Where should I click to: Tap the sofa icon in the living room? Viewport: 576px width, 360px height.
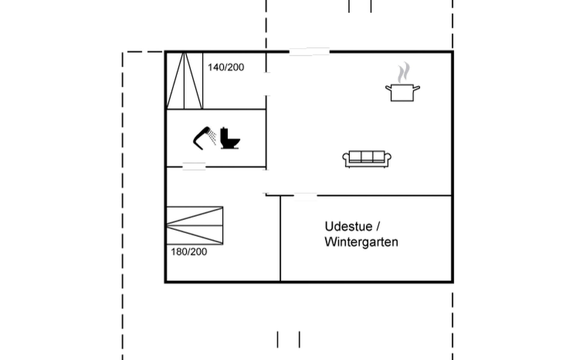[x=367, y=159]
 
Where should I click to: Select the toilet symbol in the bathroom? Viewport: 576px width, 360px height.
[x=229, y=139]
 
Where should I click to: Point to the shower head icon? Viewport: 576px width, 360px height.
[x=204, y=138]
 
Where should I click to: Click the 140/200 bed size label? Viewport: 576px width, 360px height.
[x=226, y=67]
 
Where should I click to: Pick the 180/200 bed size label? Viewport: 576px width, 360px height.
[x=189, y=252]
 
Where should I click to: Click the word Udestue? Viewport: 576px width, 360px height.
[x=348, y=226]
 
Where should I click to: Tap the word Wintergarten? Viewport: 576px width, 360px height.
[x=361, y=242]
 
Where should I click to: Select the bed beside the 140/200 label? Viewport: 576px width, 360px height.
[x=184, y=80]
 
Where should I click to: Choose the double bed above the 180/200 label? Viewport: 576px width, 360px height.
[x=195, y=226]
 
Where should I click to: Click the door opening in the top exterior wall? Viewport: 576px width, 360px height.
[x=309, y=52]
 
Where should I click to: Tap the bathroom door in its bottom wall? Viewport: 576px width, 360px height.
[x=194, y=166]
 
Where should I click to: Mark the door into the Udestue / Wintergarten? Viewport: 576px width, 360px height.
[x=305, y=196]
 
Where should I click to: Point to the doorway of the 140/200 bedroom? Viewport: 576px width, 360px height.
[x=266, y=84]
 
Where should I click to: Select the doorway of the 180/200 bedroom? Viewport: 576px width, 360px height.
[x=266, y=182]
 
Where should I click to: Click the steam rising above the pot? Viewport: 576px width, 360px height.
[x=403, y=72]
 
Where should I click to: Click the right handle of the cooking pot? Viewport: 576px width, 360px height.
[x=416, y=88]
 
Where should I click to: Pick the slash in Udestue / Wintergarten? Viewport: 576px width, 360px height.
[x=378, y=226]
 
